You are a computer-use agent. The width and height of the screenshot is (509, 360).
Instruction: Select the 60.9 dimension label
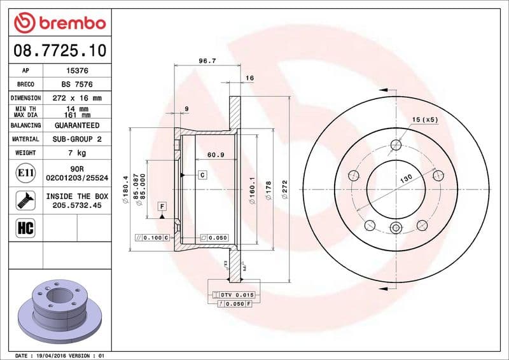(216, 155)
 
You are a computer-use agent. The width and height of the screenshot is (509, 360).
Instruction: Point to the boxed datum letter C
(202, 174)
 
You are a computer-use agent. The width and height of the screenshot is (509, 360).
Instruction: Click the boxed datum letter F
(162, 206)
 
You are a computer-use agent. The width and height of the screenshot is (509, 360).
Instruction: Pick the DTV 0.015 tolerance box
(236, 295)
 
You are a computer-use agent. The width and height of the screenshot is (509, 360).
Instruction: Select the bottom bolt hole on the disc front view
(396, 228)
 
